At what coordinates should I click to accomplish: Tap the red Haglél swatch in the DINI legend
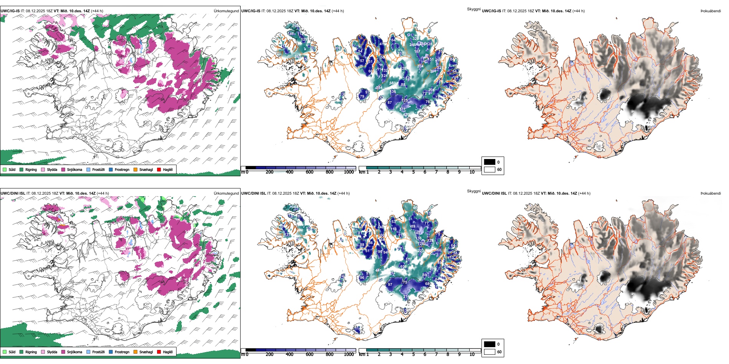coord(159,352)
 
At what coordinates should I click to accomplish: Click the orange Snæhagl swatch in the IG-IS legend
coord(135,169)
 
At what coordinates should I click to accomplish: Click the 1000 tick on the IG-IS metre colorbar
coord(349,172)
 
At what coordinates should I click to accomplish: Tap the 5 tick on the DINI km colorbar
coord(414,354)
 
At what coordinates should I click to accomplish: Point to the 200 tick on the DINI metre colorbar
coord(269,354)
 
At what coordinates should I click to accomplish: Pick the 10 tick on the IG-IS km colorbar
coord(472,172)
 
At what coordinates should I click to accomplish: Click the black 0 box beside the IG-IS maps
coord(490,162)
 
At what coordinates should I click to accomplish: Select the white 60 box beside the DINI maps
coord(490,352)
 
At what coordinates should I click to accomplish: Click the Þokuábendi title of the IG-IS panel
coord(711,11)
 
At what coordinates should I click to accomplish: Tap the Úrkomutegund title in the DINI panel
coord(226,193)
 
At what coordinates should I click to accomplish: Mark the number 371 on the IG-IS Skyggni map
coord(402,109)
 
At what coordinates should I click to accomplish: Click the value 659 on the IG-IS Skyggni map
coord(393,83)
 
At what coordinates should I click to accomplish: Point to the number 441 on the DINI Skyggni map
coord(379,271)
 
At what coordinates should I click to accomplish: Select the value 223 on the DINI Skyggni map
coord(421,251)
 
